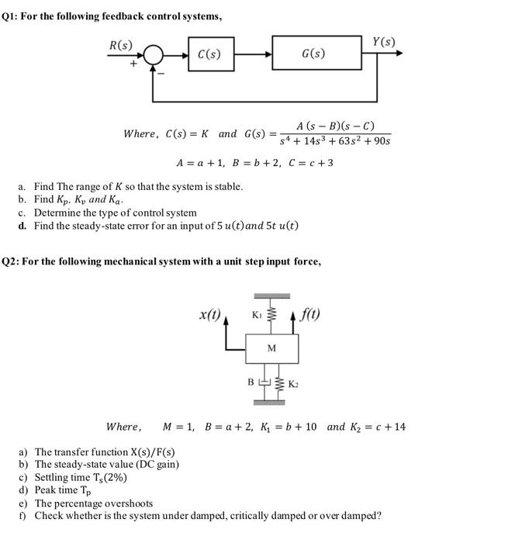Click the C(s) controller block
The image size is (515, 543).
(x=209, y=54)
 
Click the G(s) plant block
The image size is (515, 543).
(x=313, y=54)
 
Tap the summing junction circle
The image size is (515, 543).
(x=154, y=54)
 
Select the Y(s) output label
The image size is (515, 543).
(x=383, y=41)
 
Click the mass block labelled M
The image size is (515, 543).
(x=271, y=348)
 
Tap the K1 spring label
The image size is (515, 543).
(x=257, y=314)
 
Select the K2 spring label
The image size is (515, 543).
(x=293, y=384)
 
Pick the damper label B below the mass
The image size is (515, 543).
(x=250, y=382)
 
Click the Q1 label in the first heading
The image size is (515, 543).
(x=11, y=17)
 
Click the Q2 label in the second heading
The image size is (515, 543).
(x=11, y=261)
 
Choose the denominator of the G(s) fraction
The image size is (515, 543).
(x=334, y=142)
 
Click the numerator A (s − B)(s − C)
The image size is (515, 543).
(x=336, y=126)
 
